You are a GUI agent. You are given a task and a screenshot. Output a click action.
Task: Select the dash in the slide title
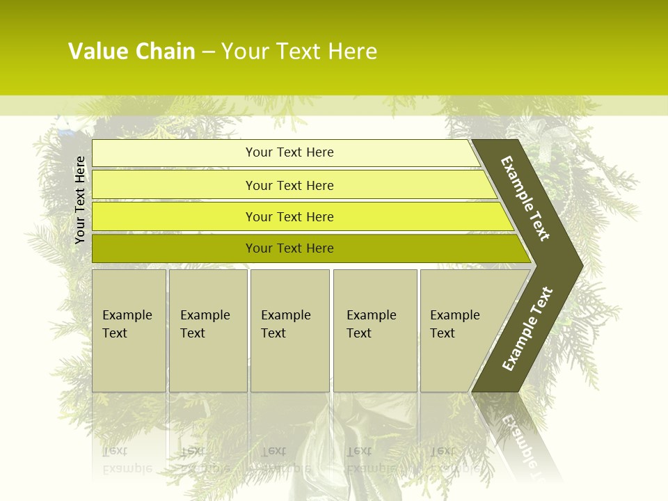pyautogui.click(x=208, y=52)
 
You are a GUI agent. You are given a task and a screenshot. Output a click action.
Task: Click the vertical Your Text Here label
pyautogui.click(x=80, y=200)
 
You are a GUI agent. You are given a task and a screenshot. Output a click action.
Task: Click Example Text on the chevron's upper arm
pyautogui.click(x=525, y=198)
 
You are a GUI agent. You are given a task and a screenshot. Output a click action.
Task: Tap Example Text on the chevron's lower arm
pyautogui.click(x=527, y=328)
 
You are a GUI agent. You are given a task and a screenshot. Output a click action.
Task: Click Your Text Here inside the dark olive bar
pyautogui.click(x=289, y=248)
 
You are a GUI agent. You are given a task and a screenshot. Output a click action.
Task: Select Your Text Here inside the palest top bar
pyautogui.click(x=289, y=152)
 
